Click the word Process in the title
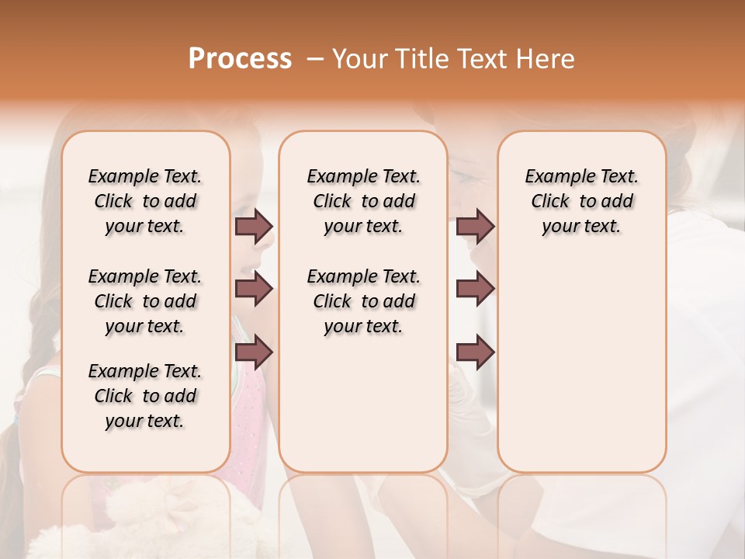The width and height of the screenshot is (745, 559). (x=240, y=59)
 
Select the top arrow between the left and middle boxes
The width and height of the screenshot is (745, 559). (x=254, y=227)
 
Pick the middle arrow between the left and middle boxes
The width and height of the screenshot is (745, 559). (x=254, y=290)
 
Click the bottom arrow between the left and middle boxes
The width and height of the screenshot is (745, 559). (x=254, y=352)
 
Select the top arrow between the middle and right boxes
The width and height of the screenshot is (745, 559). (x=475, y=227)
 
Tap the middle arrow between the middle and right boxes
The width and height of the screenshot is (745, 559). (x=475, y=290)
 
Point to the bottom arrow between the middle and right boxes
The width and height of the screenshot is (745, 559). (x=475, y=352)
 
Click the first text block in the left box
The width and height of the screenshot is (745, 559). (x=145, y=201)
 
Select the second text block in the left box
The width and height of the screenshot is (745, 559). (x=145, y=301)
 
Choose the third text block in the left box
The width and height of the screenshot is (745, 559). (x=145, y=396)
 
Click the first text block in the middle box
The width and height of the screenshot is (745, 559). (x=364, y=201)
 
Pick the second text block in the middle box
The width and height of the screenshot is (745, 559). (x=364, y=301)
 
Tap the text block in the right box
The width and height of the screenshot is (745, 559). (x=582, y=201)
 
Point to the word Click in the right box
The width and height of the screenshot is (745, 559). (x=550, y=202)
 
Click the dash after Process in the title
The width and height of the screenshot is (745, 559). (x=314, y=59)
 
